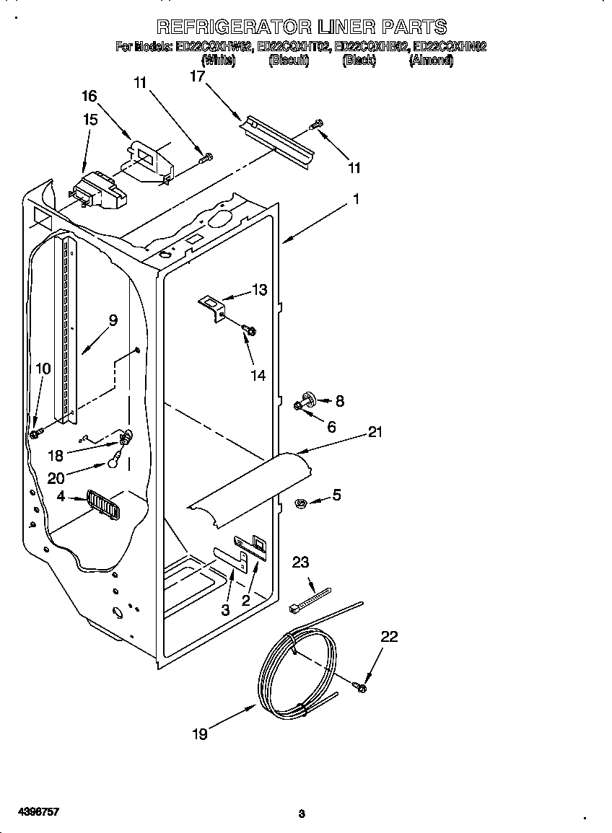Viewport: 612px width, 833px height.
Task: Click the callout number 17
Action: (197, 76)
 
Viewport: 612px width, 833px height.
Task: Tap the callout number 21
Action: (375, 433)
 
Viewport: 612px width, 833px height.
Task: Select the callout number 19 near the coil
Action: (200, 734)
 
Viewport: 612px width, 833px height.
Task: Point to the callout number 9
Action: (113, 320)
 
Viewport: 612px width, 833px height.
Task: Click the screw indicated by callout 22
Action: (359, 686)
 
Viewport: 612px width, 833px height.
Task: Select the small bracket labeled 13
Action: (212, 306)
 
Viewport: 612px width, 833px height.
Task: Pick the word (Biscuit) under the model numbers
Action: (288, 61)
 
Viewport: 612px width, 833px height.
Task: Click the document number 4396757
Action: (30, 812)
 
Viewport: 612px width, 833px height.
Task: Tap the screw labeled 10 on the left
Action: (35, 432)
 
